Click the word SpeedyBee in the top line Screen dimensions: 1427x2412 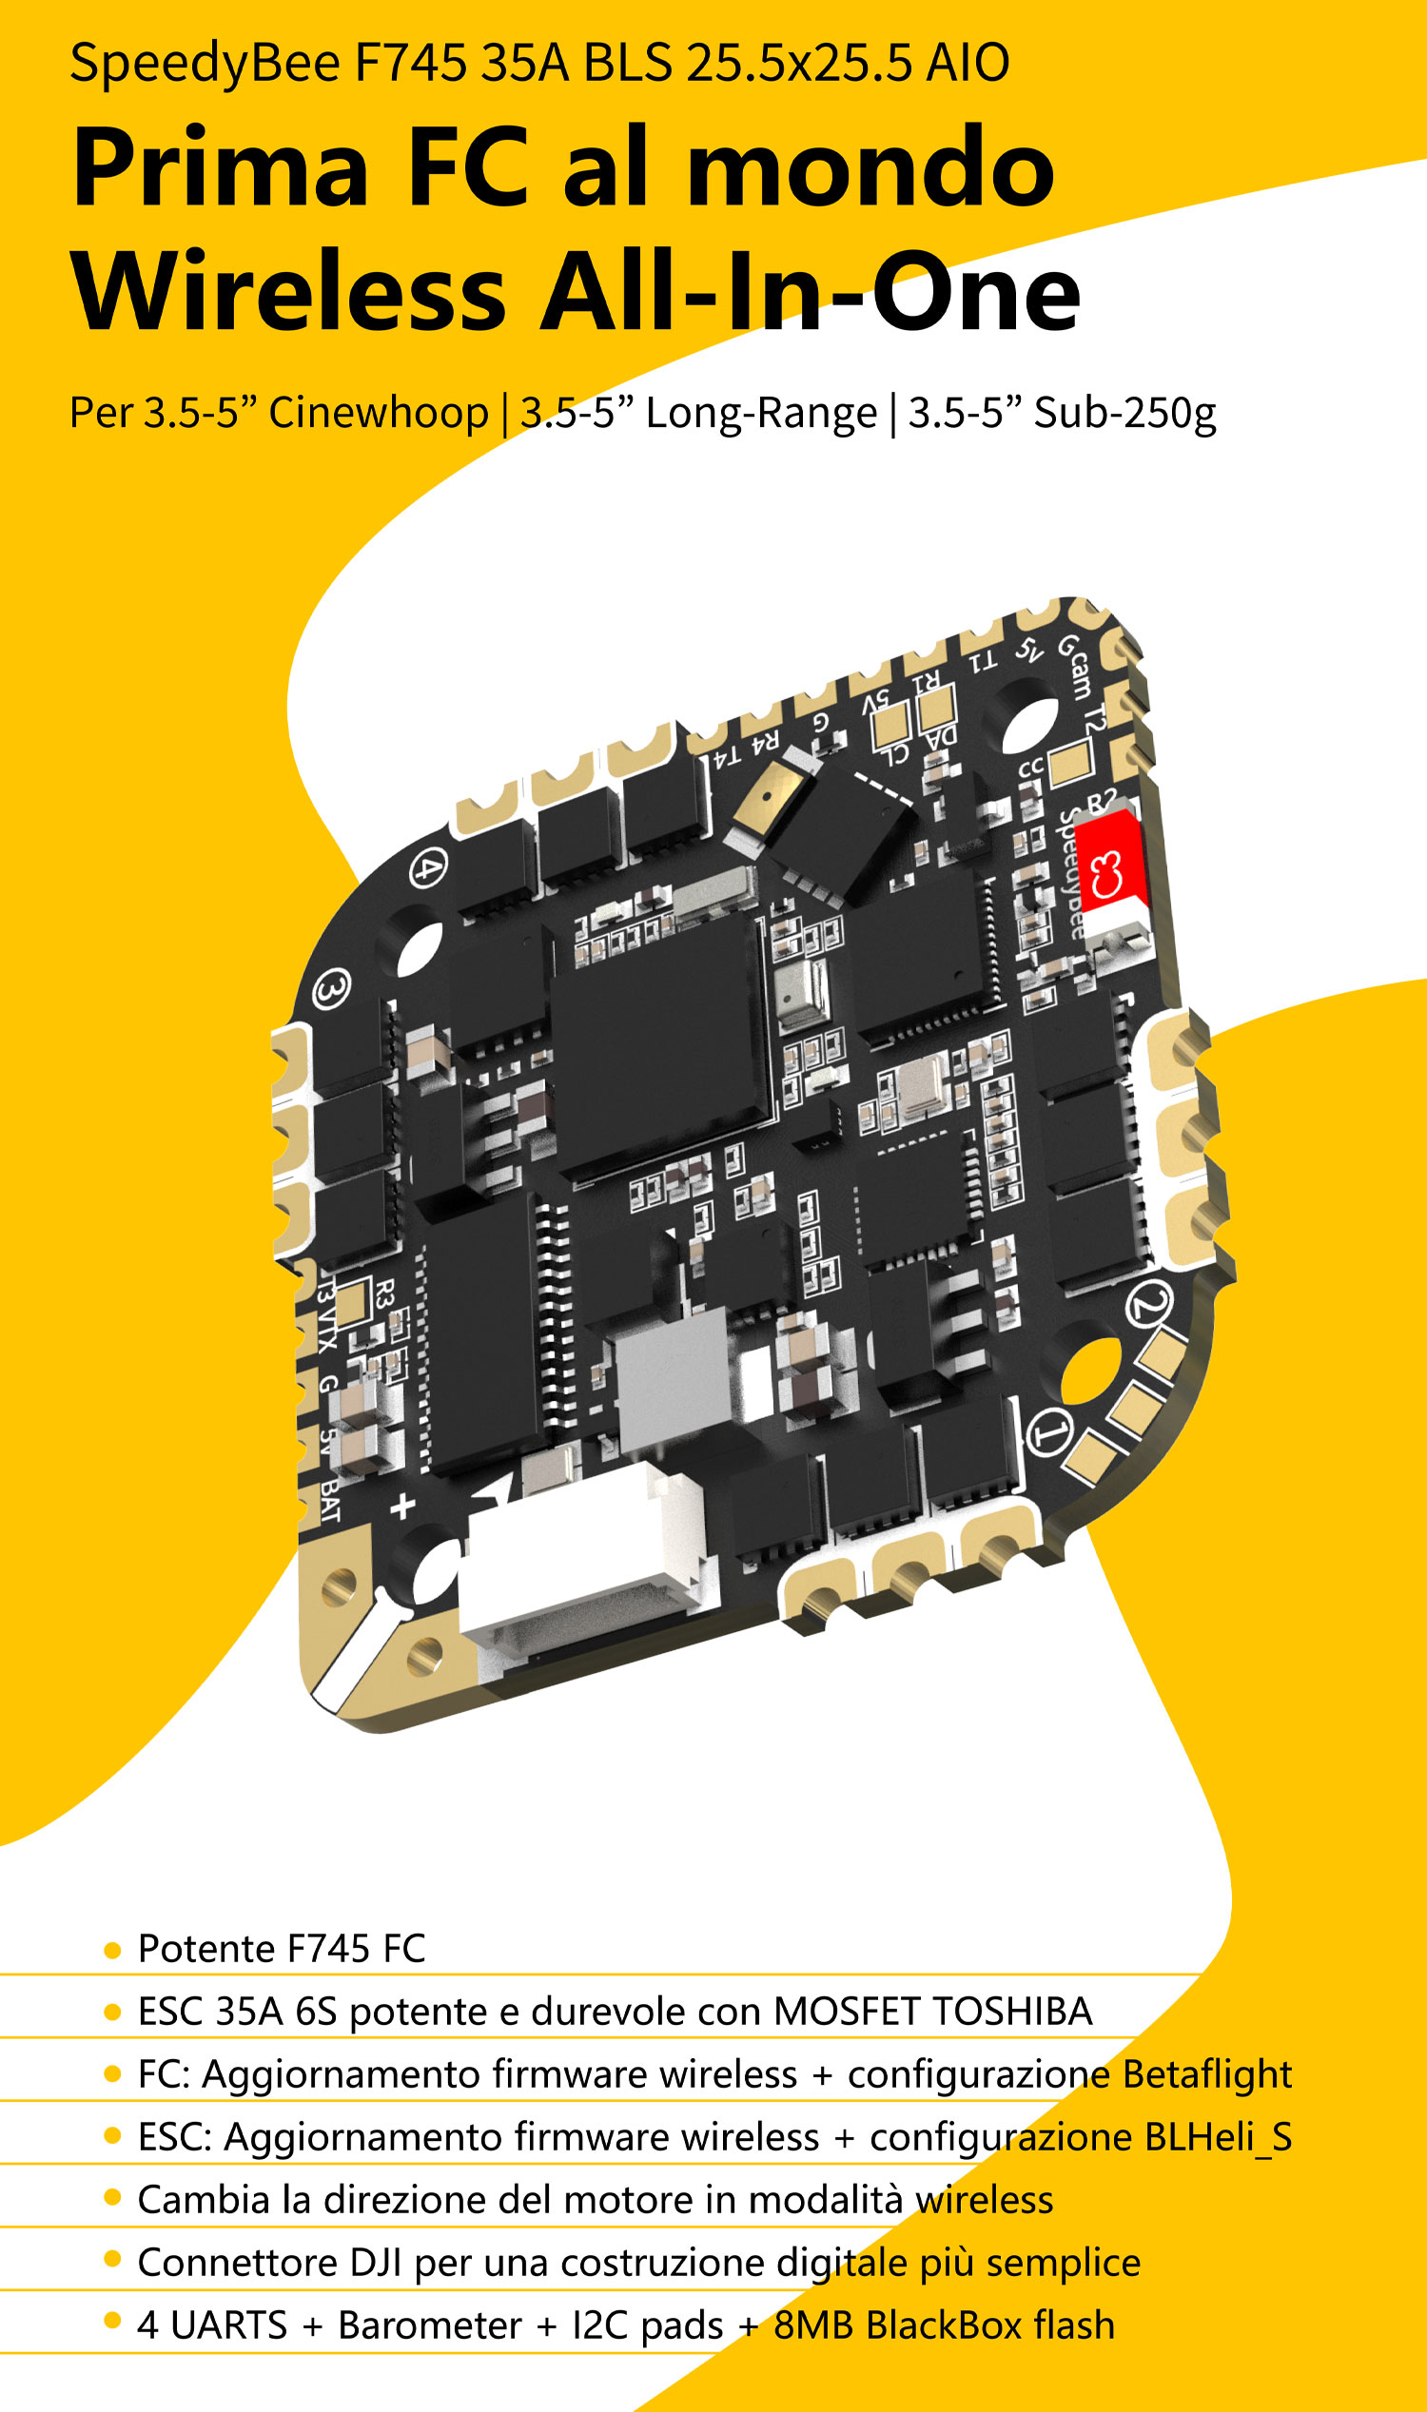205,65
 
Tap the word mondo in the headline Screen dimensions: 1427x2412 871,167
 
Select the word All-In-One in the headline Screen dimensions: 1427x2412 811,291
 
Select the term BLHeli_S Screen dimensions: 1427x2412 1218,2137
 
